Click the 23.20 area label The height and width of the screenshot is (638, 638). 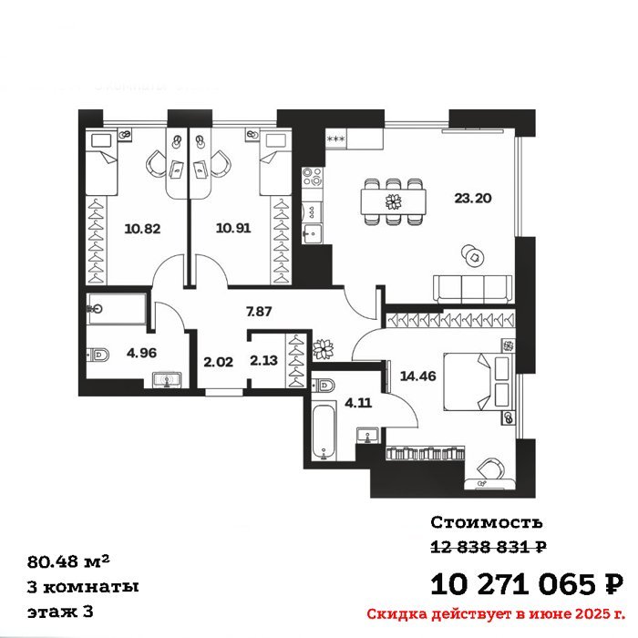[x=472, y=198]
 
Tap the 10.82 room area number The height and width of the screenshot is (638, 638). [x=142, y=229]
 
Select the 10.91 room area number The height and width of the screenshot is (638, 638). [x=233, y=228]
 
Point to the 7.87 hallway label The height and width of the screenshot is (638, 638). [x=259, y=312]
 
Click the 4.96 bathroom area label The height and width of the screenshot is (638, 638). [x=141, y=353]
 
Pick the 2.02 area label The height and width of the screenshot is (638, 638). [x=218, y=362]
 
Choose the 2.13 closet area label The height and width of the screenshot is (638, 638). [x=263, y=361]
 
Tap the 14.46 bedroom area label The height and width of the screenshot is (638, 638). [x=417, y=376]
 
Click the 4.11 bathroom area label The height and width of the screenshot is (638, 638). [x=358, y=403]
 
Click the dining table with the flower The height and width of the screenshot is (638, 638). [x=394, y=201]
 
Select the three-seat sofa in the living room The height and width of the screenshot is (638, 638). [x=473, y=289]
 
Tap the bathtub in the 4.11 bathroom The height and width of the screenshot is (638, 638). [x=324, y=431]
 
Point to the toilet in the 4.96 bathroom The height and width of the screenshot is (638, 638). [x=98, y=355]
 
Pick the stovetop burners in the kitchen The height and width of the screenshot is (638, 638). [x=313, y=177]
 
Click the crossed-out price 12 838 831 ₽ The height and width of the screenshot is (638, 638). [x=489, y=547]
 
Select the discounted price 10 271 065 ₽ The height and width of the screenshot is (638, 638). [x=527, y=584]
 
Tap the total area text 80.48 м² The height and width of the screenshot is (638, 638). [x=68, y=561]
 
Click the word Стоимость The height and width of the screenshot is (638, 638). [x=487, y=522]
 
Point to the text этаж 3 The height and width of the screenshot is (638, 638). [x=60, y=612]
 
